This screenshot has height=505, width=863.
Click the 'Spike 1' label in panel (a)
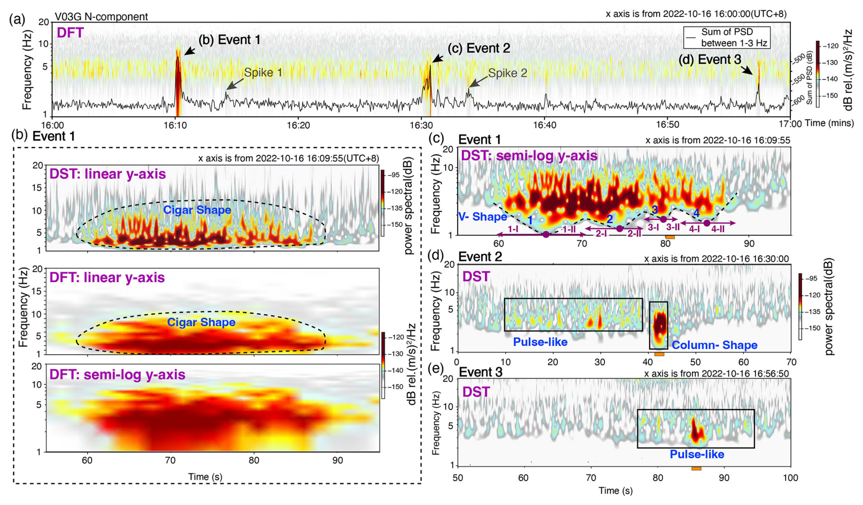pos(263,73)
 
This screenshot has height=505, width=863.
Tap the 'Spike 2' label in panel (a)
pos(507,73)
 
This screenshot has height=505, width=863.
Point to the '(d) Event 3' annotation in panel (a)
pos(709,59)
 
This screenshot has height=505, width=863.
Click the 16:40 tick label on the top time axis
pos(544,124)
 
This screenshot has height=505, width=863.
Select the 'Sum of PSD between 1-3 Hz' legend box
pos(726,37)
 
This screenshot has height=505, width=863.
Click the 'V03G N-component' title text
pos(101,17)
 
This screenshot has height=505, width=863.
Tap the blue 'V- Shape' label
pos(483,216)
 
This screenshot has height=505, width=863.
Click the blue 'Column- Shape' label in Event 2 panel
pos(714,345)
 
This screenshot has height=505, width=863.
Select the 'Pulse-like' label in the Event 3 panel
pos(697,454)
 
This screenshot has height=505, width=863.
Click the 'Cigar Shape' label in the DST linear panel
pos(197,210)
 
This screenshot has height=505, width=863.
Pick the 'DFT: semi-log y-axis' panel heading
pos(117,375)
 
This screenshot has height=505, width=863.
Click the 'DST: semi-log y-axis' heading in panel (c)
pos(529,156)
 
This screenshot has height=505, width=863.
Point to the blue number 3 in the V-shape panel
pos(655,210)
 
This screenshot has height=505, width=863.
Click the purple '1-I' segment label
pos(513,229)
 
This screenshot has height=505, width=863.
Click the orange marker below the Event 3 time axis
pos(696,468)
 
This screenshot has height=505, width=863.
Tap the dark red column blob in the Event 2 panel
pos(659,325)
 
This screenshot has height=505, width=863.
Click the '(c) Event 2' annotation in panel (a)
pos(478,48)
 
